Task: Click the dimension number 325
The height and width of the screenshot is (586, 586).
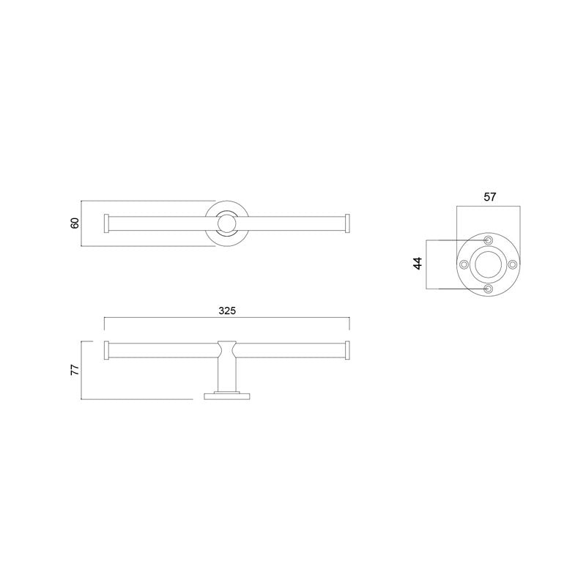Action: tap(227, 311)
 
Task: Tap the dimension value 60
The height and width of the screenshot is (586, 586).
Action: tap(75, 223)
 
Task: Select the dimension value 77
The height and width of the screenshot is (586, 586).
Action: tap(75, 371)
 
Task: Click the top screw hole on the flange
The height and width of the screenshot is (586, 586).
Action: tap(488, 240)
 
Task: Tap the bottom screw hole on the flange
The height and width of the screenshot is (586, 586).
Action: tap(488, 289)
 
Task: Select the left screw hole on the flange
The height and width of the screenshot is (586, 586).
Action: tap(463, 264)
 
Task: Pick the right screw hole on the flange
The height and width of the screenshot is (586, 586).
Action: tap(513, 264)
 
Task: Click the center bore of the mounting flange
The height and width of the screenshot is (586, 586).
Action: tap(488, 264)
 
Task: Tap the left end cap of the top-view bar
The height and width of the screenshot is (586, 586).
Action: tap(108, 223)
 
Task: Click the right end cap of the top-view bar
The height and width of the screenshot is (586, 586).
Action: tap(349, 223)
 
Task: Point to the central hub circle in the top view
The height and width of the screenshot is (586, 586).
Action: tap(227, 223)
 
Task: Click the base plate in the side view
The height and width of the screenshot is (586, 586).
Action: tap(227, 396)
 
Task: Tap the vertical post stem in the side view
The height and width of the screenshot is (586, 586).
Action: tap(227, 375)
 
